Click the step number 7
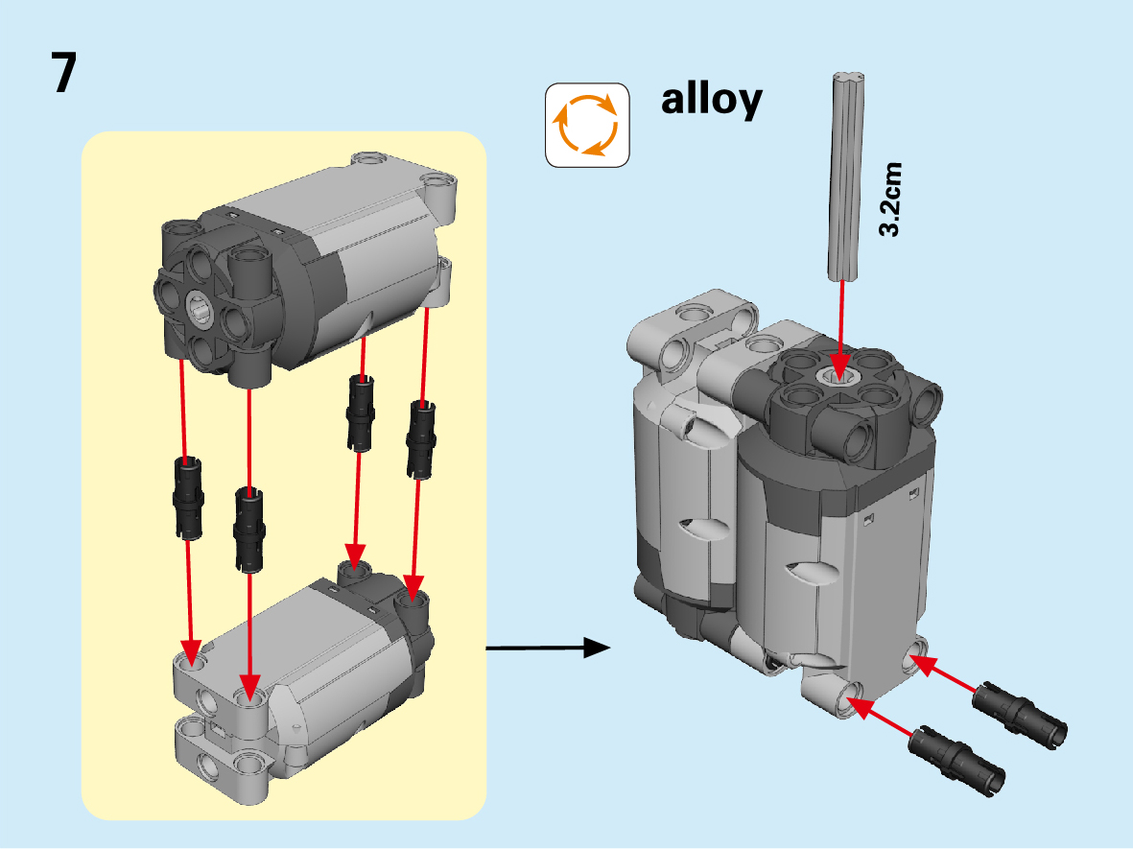coord(64,74)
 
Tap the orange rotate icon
coord(587,125)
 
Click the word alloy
coord(711,100)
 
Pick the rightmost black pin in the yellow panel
coord(420,438)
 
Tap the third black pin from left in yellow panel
coord(360,413)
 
